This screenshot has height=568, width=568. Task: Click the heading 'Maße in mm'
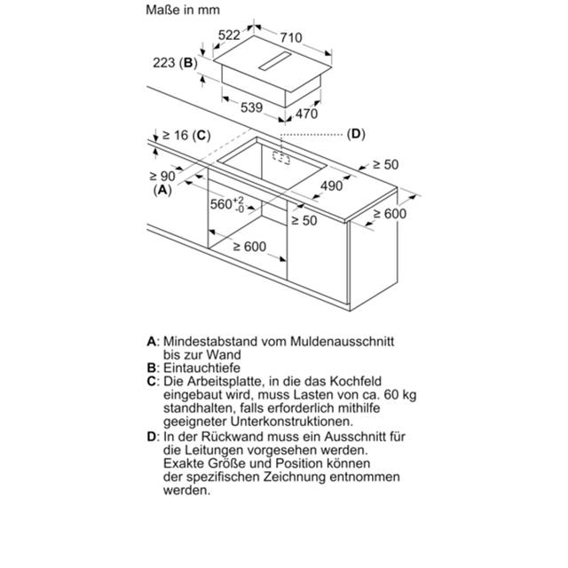coord(182,11)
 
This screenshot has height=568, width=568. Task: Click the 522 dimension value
coord(230,35)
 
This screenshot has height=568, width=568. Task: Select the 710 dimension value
coord(290,37)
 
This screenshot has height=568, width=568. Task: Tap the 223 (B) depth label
coord(175,62)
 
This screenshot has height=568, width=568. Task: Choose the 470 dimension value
coord(306,114)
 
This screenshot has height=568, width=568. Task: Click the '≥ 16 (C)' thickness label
coord(184,135)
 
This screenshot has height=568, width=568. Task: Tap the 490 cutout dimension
coord(332,185)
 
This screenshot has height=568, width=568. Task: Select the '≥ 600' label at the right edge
coord(389,214)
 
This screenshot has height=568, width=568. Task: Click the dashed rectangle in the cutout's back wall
coord(283,158)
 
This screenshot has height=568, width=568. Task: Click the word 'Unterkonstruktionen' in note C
coord(288,421)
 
